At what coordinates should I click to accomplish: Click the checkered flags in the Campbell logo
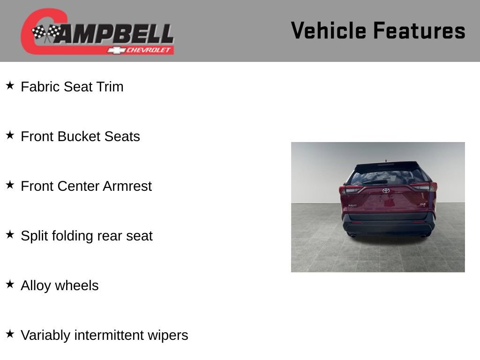click(x=46, y=33)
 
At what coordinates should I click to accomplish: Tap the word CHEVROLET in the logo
click(x=149, y=50)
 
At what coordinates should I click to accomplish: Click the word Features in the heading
click(x=419, y=30)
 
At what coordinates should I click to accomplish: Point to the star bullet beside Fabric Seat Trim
click(x=10, y=86)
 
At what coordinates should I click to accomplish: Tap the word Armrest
click(x=127, y=186)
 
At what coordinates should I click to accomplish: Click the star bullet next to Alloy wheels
click(x=10, y=285)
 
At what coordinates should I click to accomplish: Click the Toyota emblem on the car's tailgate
click(x=386, y=191)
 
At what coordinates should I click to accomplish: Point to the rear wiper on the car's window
click(x=375, y=181)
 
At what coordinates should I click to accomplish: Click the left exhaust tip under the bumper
click(x=353, y=235)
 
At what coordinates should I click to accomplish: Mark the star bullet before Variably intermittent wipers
click(x=10, y=334)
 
